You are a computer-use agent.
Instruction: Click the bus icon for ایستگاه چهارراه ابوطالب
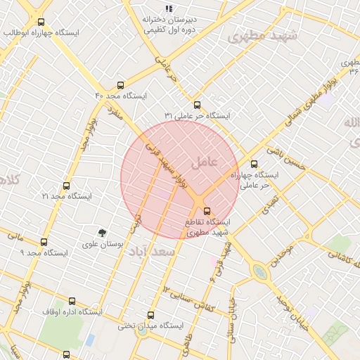41,22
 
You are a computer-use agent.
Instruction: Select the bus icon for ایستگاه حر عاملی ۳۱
196,104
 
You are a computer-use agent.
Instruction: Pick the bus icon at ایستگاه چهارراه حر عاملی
255,164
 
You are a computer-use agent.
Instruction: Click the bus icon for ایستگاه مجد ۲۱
67,186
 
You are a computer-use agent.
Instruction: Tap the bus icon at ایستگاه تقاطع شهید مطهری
206,211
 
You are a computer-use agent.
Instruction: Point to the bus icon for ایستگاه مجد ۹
44,242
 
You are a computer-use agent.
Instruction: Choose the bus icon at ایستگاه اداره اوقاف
67,300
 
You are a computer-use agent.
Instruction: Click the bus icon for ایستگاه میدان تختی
150,315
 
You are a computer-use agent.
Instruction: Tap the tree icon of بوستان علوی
103,232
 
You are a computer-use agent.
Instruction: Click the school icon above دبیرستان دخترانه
169,9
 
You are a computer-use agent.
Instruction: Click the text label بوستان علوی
103,244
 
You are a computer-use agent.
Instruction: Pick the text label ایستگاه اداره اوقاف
72,311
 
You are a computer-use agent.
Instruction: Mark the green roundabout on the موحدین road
260,271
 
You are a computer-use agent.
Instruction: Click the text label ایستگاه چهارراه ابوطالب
41,33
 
